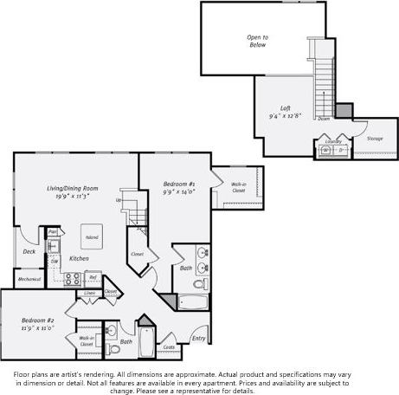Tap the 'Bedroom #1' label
(x=178, y=185)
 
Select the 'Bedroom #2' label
(x=37, y=320)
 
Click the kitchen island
(x=91, y=236)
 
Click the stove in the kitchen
(x=73, y=278)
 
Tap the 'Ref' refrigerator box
(x=93, y=277)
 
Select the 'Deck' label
(x=29, y=252)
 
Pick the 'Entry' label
(x=199, y=338)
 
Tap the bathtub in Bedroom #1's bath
(x=192, y=303)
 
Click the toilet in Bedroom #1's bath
(x=198, y=283)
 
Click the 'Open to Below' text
(x=257, y=41)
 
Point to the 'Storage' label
(x=375, y=138)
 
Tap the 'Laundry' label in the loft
(x=333, y=140)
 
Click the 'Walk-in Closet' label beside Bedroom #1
(x=237, y=186)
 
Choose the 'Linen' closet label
(x=89, y=294)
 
